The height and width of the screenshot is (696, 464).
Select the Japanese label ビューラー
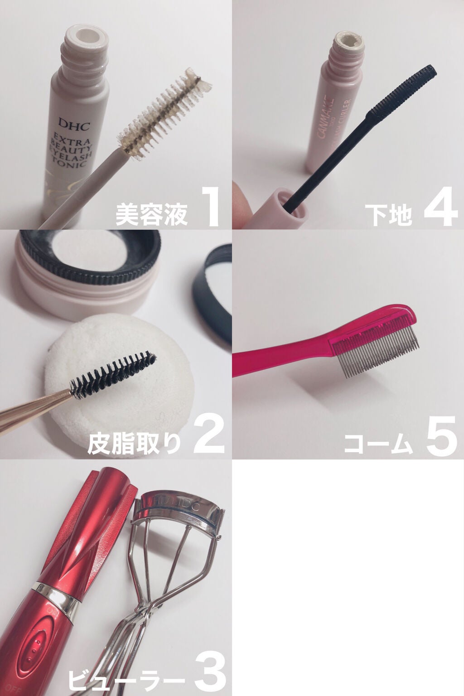click(x=125, y=681)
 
